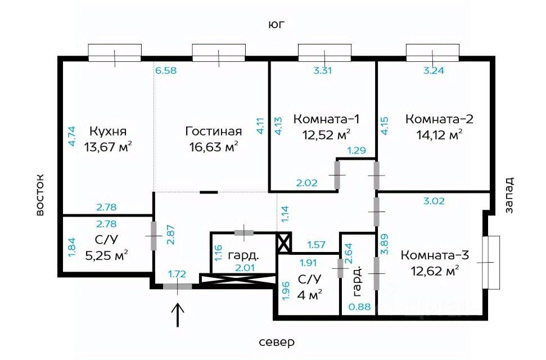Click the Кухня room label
(x=108, y=132)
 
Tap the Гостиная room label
(x=214, y=132)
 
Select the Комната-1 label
(x=326, y=119)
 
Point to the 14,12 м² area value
(x=440, y=134)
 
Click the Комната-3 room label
(x=435, y=255)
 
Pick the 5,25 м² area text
(x=106, y=255)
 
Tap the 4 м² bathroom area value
(x=309, y=295)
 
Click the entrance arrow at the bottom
(x=178, y=315)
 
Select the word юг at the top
(x=277, y=24)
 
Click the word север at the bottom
(x=277, y=342)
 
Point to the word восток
(x=40, y=195)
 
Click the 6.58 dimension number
(x=166, y=70)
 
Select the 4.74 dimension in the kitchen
(x=71, y=136)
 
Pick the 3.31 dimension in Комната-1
(x=323, y=70)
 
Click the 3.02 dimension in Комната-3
(x=434, y=201)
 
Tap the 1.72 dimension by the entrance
(x=177, y=274)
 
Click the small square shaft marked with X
(x=284, y=243)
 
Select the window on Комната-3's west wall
(x=491, y=262)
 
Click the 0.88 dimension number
(x=360, y=307)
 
